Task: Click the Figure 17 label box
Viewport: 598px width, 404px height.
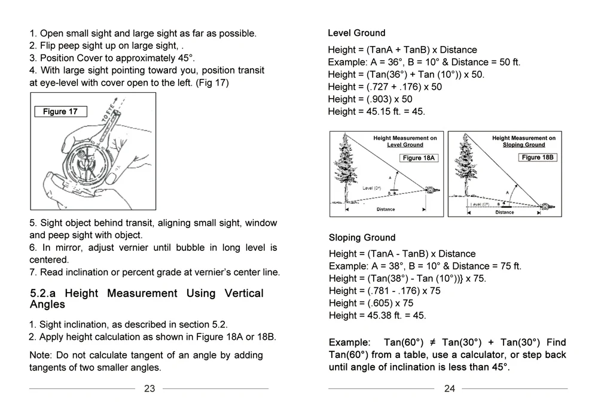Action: click(60, 111)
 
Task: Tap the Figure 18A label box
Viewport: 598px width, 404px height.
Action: click(419, 158)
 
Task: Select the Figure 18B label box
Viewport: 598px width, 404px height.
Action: click(538, 157)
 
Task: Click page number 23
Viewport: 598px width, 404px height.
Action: click(149, 388)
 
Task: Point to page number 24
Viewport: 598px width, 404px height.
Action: click(449, 388)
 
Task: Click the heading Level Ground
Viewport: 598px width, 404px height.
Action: click(356, 33)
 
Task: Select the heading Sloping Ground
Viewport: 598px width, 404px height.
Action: click(362, 238)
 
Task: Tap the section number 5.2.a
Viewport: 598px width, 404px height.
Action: click(43, 293)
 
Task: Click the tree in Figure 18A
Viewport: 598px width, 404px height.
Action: click(346, 168)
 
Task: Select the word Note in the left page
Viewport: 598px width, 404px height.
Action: click(40, 355)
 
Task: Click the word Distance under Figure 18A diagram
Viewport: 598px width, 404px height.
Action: click(386, 209)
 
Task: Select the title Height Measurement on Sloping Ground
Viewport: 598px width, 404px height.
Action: click(524, 141)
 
